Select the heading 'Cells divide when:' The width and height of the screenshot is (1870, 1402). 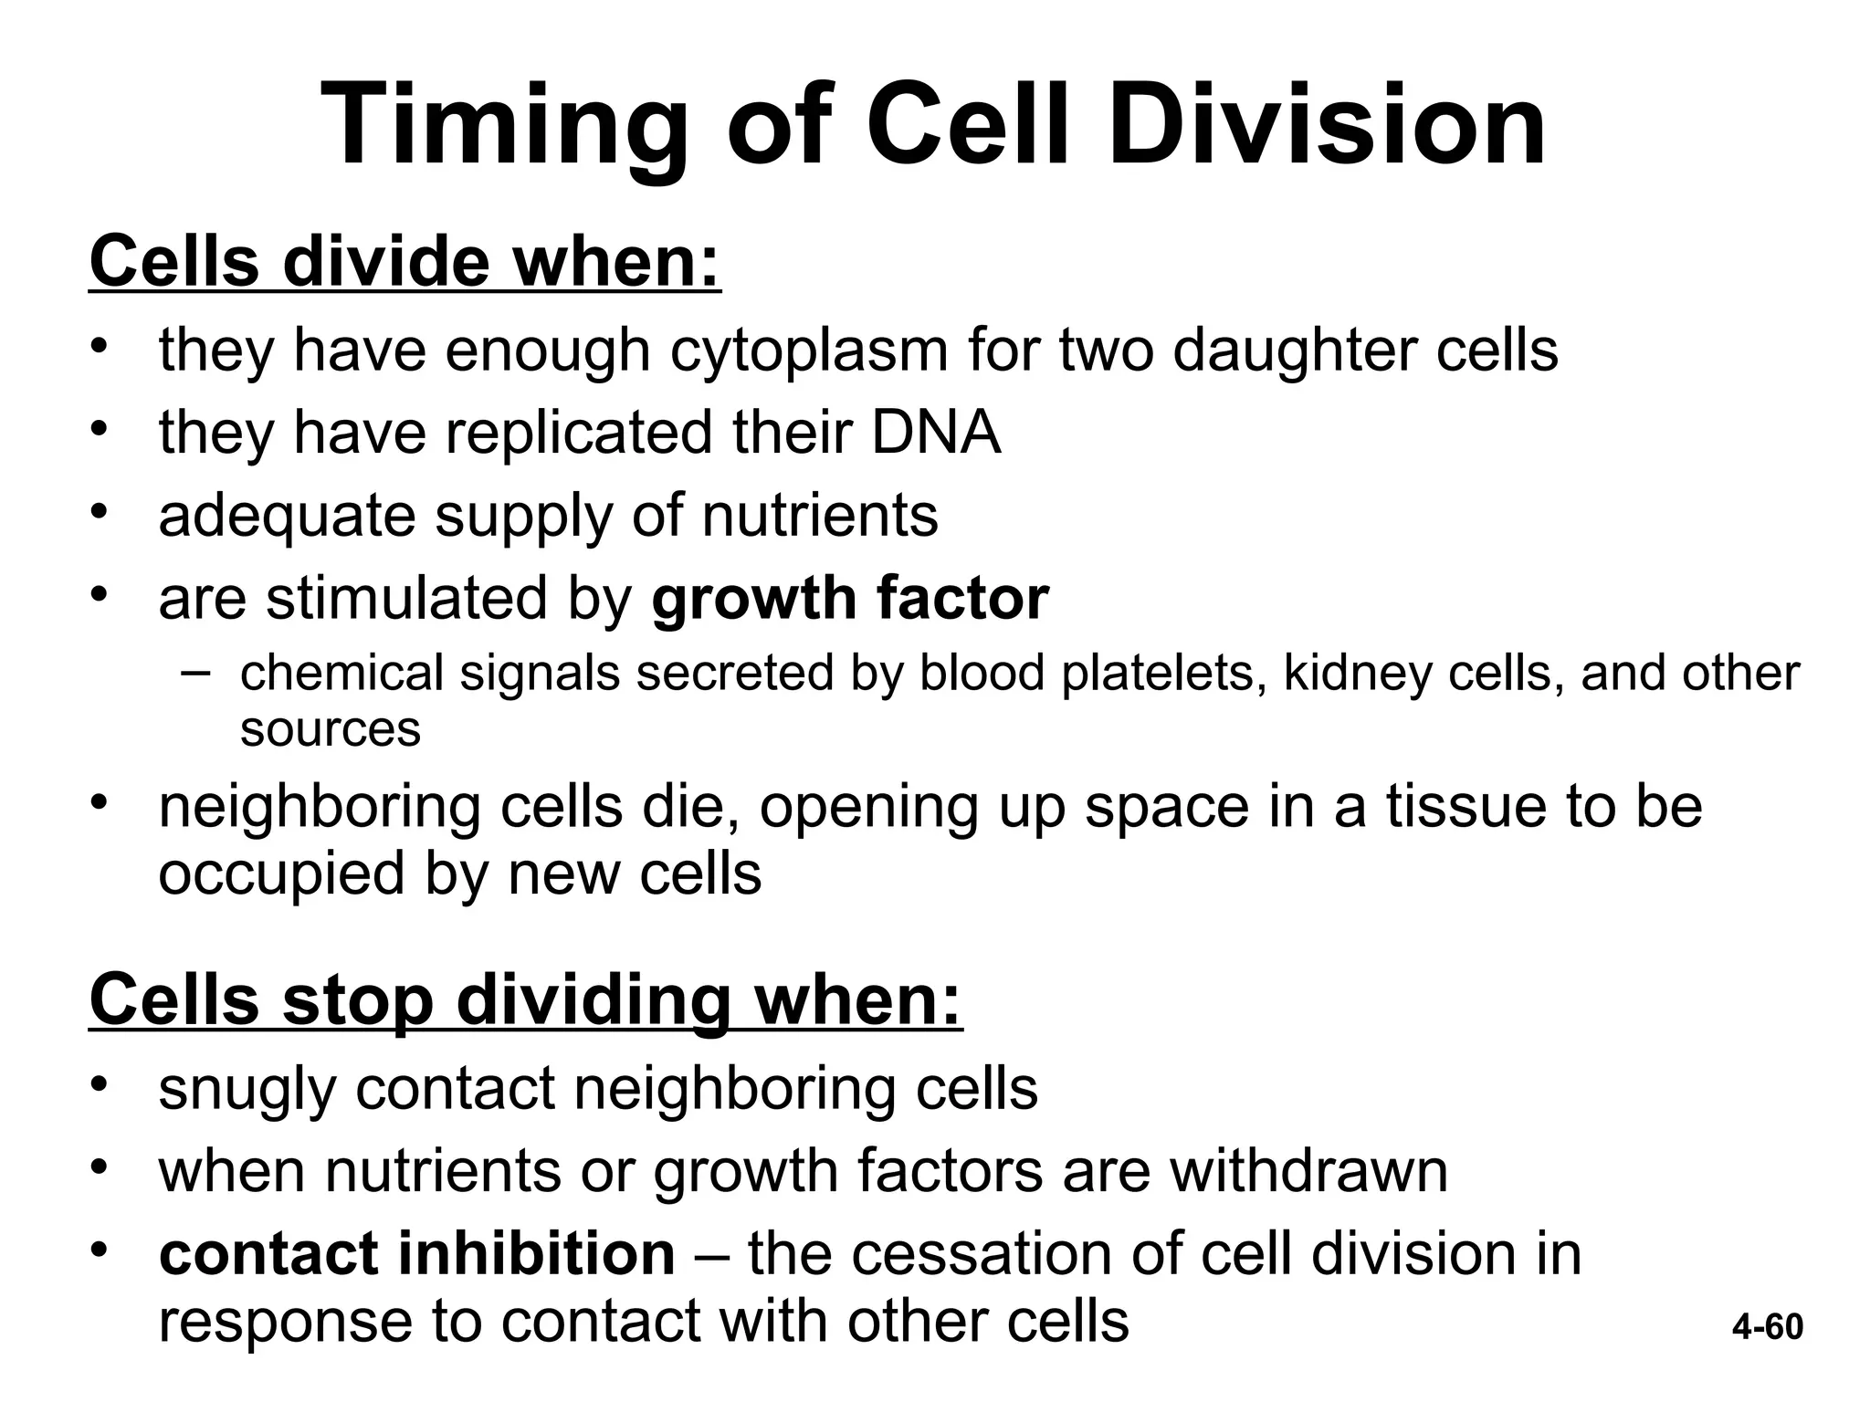404,262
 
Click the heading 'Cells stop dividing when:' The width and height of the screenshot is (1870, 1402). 526,1000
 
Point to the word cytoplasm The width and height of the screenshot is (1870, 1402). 809,351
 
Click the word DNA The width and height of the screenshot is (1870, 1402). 936,433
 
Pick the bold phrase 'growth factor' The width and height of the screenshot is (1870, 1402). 850,599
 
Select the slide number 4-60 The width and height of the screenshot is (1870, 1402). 1768,1327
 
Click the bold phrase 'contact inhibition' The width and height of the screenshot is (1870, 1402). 417,1254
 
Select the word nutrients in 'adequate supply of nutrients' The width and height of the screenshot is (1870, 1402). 819,516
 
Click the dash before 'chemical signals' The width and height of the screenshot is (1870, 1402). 194,674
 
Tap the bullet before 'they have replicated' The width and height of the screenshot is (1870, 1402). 100,428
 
